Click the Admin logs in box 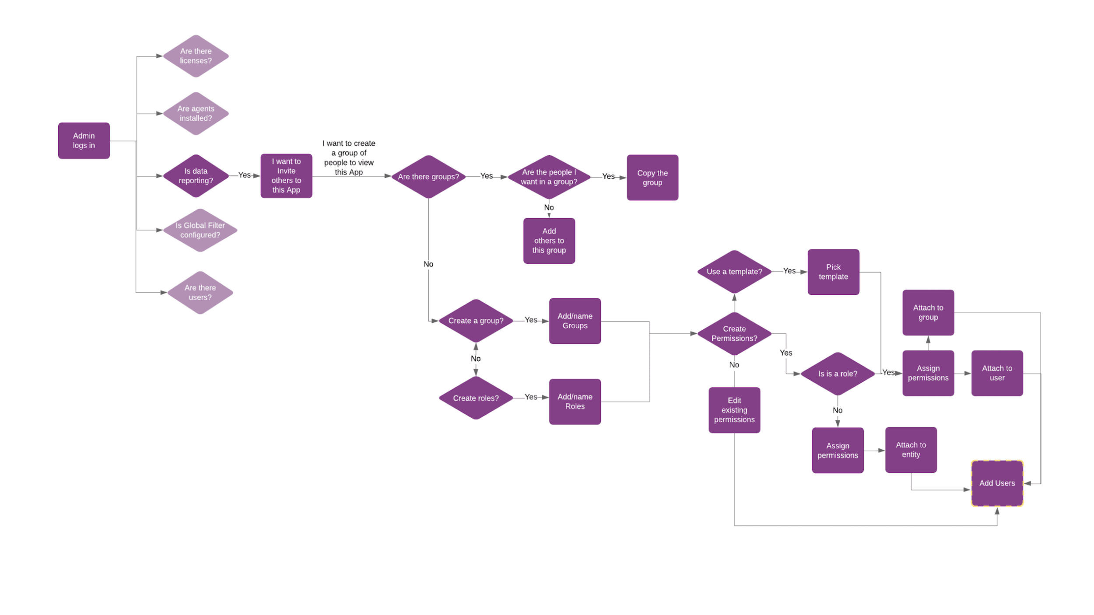click(x=84, y=141)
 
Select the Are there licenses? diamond click(x=196, y=56)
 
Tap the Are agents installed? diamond click(x=196, y=113)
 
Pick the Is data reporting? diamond click(x=196, y=176)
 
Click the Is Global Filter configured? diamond click(x=200, y=230)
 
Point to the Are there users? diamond click(x=200, y=293)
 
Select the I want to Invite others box click(x=286, y=176)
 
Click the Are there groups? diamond click(x=428, y=177)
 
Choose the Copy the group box click(x=652, y=178)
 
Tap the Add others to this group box click(x=549, y=241)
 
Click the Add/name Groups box click(x=575, y=321)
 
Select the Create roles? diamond click(x=476, y=398)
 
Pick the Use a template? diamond click(x=734, y=272)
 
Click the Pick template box click(x=833, y=272)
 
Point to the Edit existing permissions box click(x=734, y=410)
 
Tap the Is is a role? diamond click(x=837, y=374)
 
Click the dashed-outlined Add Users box click(x=997, y=483)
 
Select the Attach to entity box click(x=911, y=450)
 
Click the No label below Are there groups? click(x=428, y=264)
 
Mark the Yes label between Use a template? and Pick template click(x=789, y=271)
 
